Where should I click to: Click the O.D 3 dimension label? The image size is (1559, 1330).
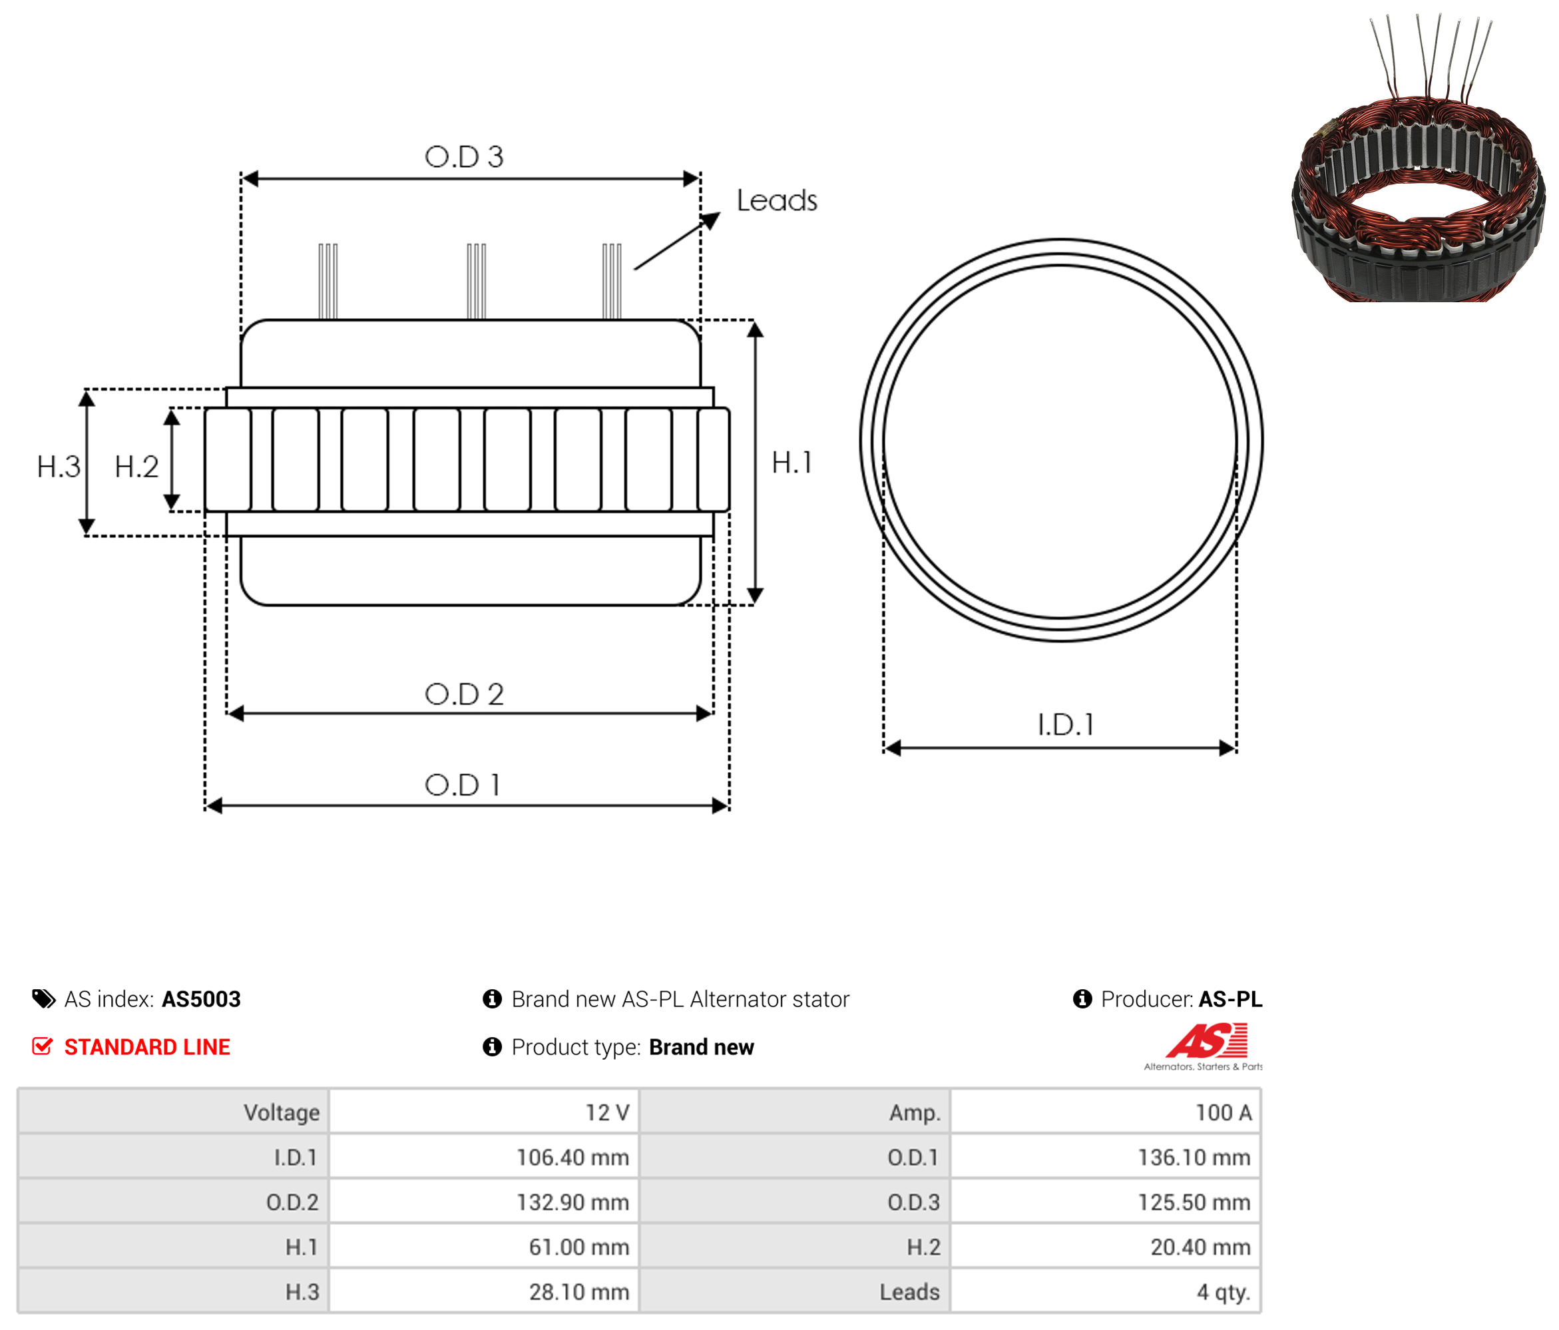463,156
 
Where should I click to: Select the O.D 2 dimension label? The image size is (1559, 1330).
463,694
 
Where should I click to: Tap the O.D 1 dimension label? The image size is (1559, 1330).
462,785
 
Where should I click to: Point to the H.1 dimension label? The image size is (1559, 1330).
791,463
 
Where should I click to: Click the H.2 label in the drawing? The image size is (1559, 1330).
136,467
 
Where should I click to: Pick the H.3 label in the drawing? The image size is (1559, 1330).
58,467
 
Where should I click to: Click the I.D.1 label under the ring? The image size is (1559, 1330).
1066,724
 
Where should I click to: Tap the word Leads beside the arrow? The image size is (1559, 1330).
776,200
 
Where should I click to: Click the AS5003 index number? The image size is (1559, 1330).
201,999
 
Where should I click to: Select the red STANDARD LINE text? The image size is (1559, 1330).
148,1047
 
